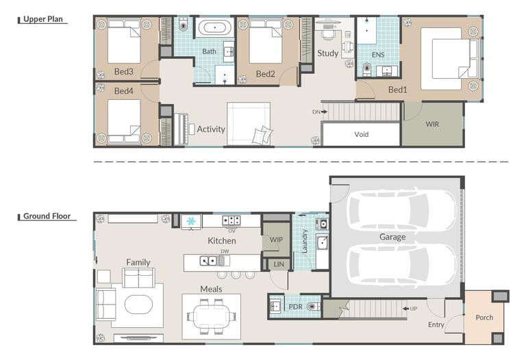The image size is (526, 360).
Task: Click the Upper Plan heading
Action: [43, 19]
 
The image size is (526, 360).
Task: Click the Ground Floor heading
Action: [47, 216]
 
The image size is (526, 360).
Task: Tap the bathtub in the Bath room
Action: [214, 27]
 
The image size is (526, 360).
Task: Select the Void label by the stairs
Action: [362, 134]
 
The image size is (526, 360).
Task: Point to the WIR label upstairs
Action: [432, 124]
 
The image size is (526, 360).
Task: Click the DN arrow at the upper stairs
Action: [324, 112]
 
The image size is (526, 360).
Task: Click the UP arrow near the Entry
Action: [406, 309]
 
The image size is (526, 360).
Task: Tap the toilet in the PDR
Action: [314, 306]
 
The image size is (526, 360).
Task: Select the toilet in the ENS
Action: [367, 68]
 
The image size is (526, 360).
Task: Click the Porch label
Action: [484, 318]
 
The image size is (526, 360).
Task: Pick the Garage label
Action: [392, 237]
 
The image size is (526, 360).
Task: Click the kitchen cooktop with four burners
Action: [231, 220]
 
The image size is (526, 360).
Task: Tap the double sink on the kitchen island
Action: [208, 261]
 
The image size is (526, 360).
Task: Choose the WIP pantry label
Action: [276, 240]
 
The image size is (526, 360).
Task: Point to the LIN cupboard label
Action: [279, 264]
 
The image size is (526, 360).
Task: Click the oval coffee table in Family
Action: [138, 305]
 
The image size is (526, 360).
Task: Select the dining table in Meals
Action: [212, 316]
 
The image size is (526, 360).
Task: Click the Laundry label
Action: [305, 242]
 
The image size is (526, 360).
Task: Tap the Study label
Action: [328, 53]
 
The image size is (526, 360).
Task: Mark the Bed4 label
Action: [124, 91]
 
